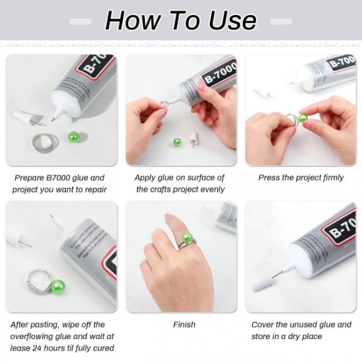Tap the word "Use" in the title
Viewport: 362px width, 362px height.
pyautogui.click(x=228, y=21)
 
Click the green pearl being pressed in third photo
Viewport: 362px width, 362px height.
pyautogui.click(x=303, y=118)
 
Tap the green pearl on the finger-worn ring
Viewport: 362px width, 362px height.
pyautogui.click(x=187, y=238)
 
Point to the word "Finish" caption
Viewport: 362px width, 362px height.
pyautogui.click(x=184, y=324)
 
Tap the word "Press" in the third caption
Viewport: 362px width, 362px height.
pyautogui.click(x=269, y=178)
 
